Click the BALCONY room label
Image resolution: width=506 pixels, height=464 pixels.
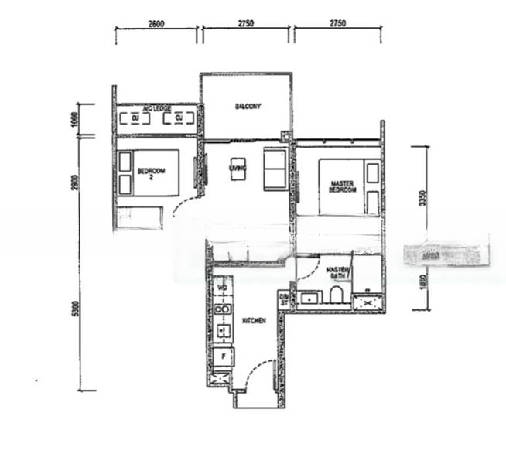[x=248, y=107]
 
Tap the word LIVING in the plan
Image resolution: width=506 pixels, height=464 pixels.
[x=237, y=167]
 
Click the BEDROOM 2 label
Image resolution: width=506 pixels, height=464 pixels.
[x=148, y=172]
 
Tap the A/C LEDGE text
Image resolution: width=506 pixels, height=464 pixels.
[x=157, y=108]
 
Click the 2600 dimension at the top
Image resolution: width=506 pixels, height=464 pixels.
[x=155, y=24]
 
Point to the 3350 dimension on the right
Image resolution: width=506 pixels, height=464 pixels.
[x=422, y=198]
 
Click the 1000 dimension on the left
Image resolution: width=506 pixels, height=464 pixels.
[x=76, y=119]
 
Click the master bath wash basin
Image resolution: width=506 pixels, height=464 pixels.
[x=313, y=296]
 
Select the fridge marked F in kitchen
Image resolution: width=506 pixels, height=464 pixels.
[x=223, y=357]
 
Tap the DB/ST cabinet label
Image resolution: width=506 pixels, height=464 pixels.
[x=284, y=299]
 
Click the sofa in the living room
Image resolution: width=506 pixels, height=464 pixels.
[x=275, y=169]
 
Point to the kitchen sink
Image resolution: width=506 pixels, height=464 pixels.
[x=223, y=332]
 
